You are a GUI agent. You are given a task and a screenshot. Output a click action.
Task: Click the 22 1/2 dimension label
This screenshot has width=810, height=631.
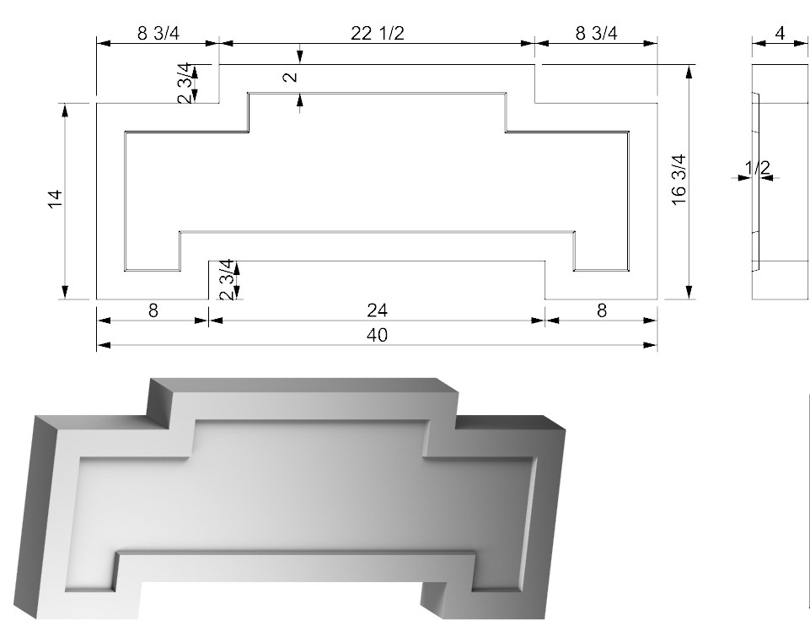click(x=377, y=33)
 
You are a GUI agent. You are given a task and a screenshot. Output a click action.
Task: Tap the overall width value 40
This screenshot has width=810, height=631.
click(x=377, y=335)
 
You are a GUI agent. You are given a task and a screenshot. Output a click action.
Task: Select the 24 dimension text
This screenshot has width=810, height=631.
click(x=377, y=310)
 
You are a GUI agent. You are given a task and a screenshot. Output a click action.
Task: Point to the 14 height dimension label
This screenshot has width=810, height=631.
click(x=56, y=199)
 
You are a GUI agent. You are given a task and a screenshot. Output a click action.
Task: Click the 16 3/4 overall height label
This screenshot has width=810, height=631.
click(x=679, y=180)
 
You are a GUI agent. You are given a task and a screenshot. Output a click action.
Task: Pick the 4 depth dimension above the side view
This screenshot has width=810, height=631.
click(x=780, y=33)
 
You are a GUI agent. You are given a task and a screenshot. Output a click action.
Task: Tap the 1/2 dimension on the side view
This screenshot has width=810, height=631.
click(x=757, y=168)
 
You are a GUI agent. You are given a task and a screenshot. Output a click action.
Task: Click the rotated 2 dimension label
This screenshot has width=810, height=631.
click(x=291, y=77)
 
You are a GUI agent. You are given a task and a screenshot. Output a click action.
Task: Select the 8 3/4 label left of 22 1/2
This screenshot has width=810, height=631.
click(x=158, y=33)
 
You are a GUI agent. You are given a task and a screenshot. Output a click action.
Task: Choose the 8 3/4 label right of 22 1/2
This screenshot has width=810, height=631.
click(x=596, y=33)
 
